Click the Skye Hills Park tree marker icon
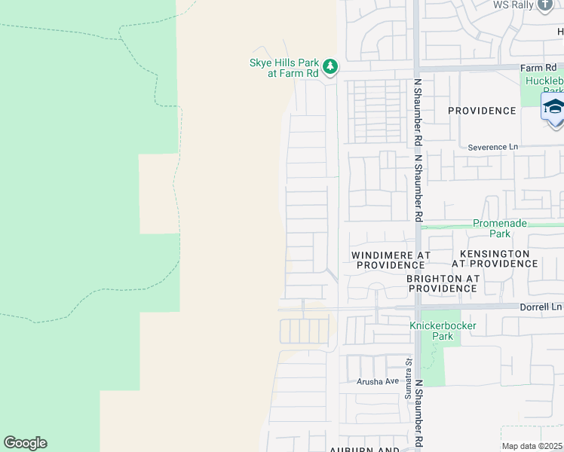(330, 68)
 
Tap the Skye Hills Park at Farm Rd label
(284, 69)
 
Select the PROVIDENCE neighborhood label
(482, 111)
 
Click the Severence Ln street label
(493, 147)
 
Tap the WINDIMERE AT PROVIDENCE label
(391, 260)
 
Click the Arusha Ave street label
(378, 381)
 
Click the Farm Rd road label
(537, 68)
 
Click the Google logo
(25, 443)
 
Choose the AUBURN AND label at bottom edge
(364, 449)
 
